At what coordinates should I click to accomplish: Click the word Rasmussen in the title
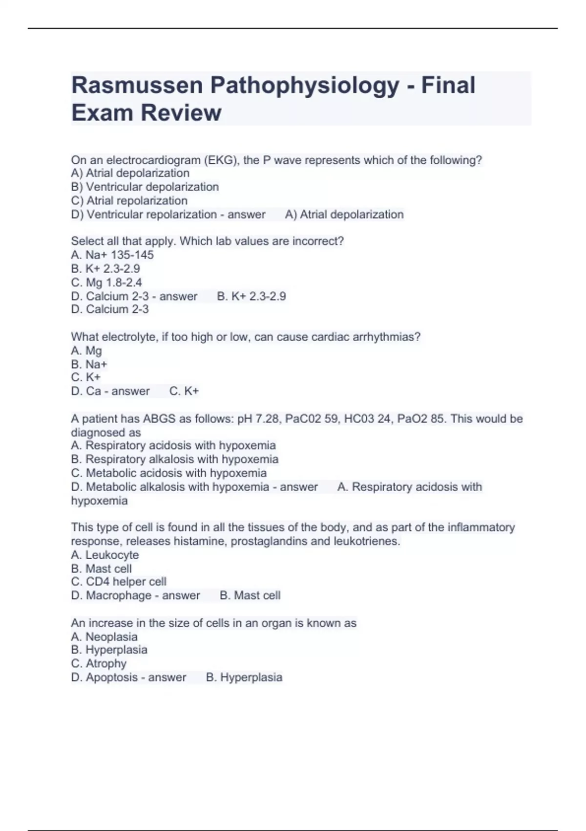tap(137, 86)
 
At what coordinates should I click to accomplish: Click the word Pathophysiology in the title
tap(305, 86)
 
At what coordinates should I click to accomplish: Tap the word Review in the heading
tap(181, 113)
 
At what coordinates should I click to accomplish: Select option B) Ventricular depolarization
tap(145, 187)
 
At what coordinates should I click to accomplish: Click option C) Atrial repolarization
tap(129, 200)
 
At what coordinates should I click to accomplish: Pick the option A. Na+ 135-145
tap(112, 255)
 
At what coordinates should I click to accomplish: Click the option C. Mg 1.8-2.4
tap(106, 282)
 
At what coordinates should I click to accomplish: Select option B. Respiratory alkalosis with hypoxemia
tap(175, 459)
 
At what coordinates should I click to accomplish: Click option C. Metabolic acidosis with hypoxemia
tap(169, 473)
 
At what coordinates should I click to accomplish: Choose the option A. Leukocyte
tap(105, 555)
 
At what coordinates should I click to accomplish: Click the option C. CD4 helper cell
tap(119, 582)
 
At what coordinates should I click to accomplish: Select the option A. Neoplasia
tap(105, 636)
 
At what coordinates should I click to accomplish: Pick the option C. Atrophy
tap(99, 663)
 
